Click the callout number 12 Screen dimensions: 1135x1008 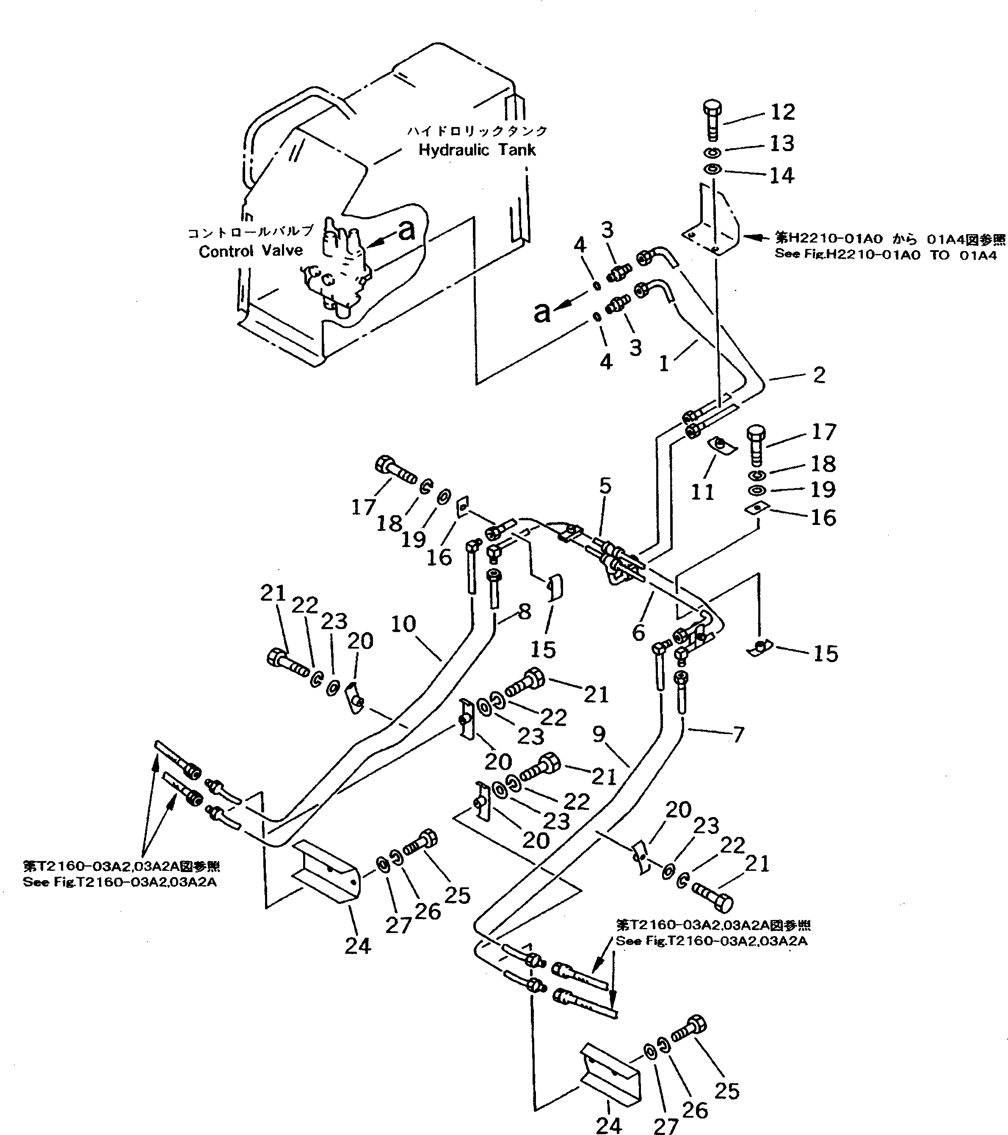pos(782,112)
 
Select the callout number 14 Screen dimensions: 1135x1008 pos(782,176)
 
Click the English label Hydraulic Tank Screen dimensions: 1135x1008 pos(477,150)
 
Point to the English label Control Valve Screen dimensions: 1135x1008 pos(251,251)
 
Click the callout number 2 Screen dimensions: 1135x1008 pos(819,376)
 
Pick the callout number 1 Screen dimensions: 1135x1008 pos(664,364)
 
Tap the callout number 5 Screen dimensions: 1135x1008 pos(605,486)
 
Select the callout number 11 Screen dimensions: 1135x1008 pos(702,492)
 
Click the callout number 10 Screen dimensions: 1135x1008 pos(403,624)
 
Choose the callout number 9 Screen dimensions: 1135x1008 pos(599,735)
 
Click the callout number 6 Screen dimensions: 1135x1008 pos(639,632)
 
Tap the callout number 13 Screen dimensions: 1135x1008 pos(782,144)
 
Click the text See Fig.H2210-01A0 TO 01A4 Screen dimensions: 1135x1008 pos(885,255)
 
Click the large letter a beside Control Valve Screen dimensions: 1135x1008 pos(407,230)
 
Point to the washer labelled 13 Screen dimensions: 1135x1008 pos(713,152)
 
